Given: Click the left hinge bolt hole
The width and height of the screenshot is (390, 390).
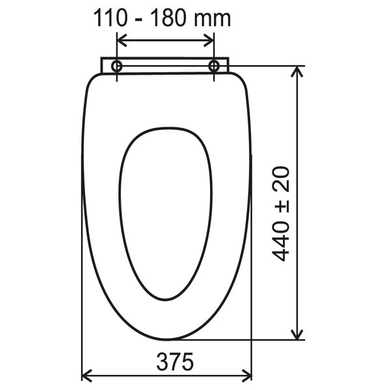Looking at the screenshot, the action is point(116,66).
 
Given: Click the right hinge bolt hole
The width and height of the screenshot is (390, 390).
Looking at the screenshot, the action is point(214,66).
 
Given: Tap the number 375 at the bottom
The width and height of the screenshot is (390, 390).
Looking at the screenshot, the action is point(175,361).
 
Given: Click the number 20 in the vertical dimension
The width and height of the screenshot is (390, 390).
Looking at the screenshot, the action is point(281,179).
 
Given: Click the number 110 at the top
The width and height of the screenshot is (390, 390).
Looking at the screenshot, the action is point(110,18).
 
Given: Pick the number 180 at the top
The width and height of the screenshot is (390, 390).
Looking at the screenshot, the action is point(168,18).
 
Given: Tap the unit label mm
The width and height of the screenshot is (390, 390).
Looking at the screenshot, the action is point(212,20).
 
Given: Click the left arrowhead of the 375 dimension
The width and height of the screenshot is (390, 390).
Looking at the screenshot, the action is point(87,375).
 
